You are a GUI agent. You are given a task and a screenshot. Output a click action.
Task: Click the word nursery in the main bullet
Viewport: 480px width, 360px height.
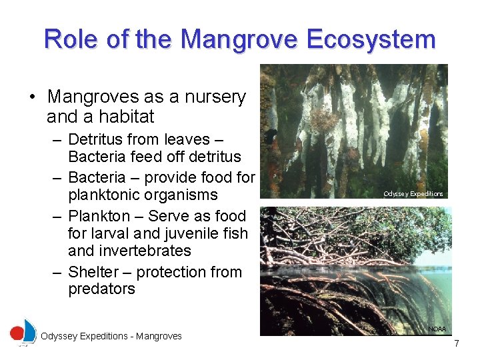(213, 97)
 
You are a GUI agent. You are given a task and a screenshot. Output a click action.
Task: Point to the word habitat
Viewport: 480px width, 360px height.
(127, 117)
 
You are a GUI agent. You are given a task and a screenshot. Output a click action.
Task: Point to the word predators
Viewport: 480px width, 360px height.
(101, 289)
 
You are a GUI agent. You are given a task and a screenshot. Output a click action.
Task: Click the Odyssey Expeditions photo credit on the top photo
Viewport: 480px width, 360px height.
(413, 194)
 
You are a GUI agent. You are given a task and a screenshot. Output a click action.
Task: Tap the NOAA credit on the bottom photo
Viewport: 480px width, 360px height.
(437, 329)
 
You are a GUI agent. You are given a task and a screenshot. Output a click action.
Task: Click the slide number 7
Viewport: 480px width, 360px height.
(456, 343)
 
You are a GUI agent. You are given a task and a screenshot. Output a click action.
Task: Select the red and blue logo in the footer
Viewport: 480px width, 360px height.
(23, 332)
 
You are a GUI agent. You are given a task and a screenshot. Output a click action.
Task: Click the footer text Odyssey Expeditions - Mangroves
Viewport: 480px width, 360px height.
(111, 337)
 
